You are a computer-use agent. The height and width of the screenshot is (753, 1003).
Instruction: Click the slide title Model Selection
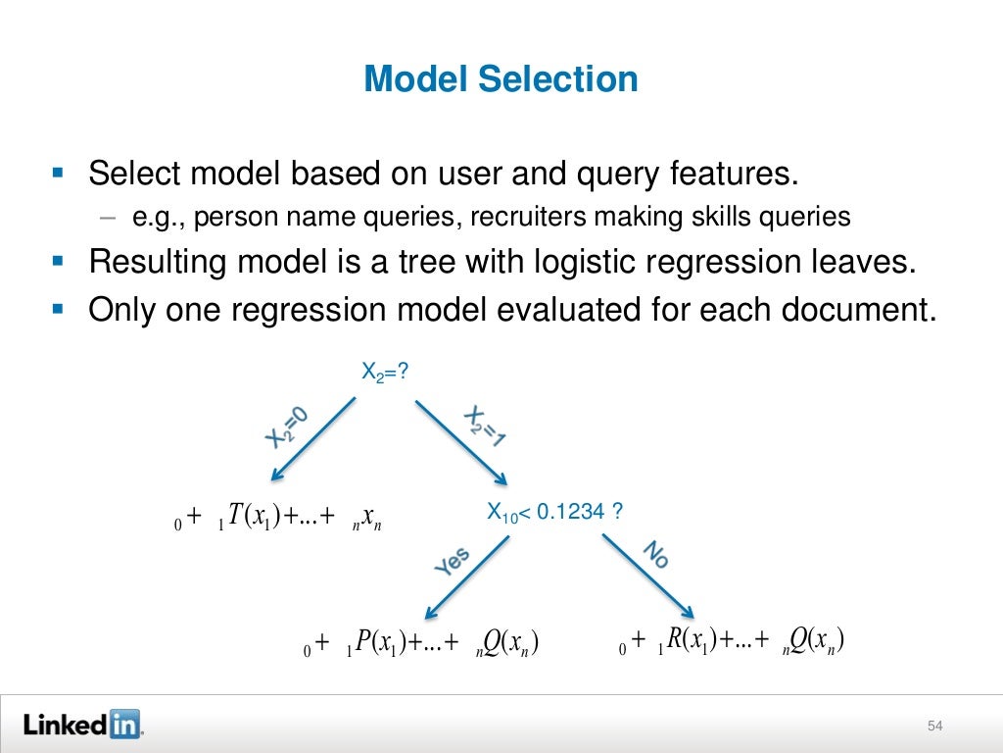(501, 78)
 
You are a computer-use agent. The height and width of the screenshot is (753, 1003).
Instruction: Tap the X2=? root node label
(384, 372)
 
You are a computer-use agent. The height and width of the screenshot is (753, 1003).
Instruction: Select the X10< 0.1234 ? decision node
(555, 511)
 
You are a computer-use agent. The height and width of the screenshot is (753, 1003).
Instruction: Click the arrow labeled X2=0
(313, 438)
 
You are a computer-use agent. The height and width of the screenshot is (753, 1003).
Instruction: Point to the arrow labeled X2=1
(460, 440)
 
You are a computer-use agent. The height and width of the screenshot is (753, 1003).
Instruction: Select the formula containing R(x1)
(732, 642)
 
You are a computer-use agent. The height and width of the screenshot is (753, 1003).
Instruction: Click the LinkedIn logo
(82, 725)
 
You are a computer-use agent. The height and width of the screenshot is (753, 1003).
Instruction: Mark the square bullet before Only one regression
(57, 308)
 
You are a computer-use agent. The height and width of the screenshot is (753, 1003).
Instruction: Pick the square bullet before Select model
(57, 173)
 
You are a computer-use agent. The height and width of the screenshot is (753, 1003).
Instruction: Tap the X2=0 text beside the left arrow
(287, 428)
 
